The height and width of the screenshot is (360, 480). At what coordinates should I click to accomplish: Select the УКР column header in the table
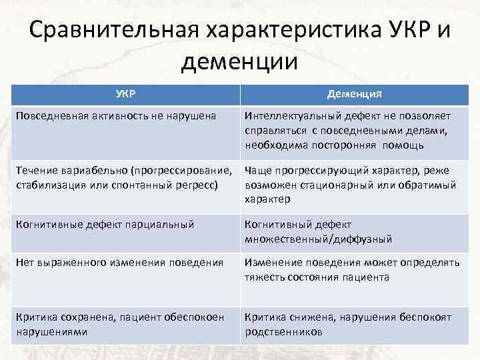pos(125,94)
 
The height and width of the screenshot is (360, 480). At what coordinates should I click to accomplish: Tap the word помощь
pos(402,145)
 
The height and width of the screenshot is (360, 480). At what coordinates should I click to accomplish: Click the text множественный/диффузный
pos(318,239)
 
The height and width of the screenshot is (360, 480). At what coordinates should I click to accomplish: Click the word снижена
pos(313,317)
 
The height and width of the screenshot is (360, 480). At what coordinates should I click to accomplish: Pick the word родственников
pos(283,331)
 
